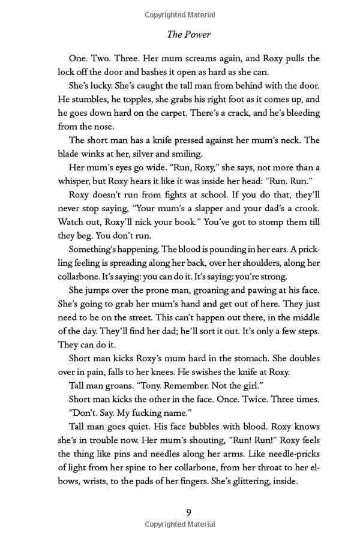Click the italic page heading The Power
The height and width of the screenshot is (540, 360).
(188, 35)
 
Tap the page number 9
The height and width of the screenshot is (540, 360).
(188, 512)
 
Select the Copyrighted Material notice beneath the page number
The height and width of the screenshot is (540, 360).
(188, 524)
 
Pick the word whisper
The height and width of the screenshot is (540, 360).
(75, 181)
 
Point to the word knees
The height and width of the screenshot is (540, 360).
(185, 372)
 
